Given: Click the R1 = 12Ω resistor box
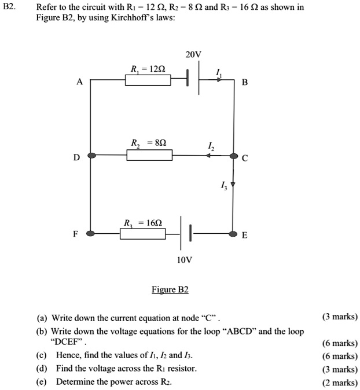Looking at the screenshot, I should (148, 80).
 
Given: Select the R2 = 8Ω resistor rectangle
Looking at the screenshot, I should (149, 155).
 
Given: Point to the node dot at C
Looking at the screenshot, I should (233, 156).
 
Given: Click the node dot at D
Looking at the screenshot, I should (91, 156).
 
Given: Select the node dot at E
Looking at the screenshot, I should (233, 234).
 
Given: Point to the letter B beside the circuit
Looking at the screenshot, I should (244, 83).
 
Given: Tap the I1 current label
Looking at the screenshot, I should (218, 72).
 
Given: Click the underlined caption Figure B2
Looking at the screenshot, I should (170, 289).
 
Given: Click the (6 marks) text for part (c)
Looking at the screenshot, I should (340, 358).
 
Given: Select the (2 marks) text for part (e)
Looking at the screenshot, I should (340, 382).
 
